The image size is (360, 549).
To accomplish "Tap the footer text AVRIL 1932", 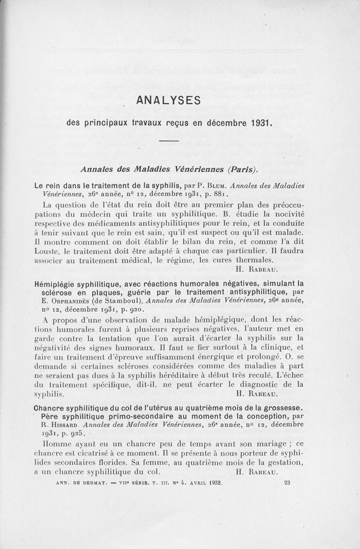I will click(206, 484).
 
